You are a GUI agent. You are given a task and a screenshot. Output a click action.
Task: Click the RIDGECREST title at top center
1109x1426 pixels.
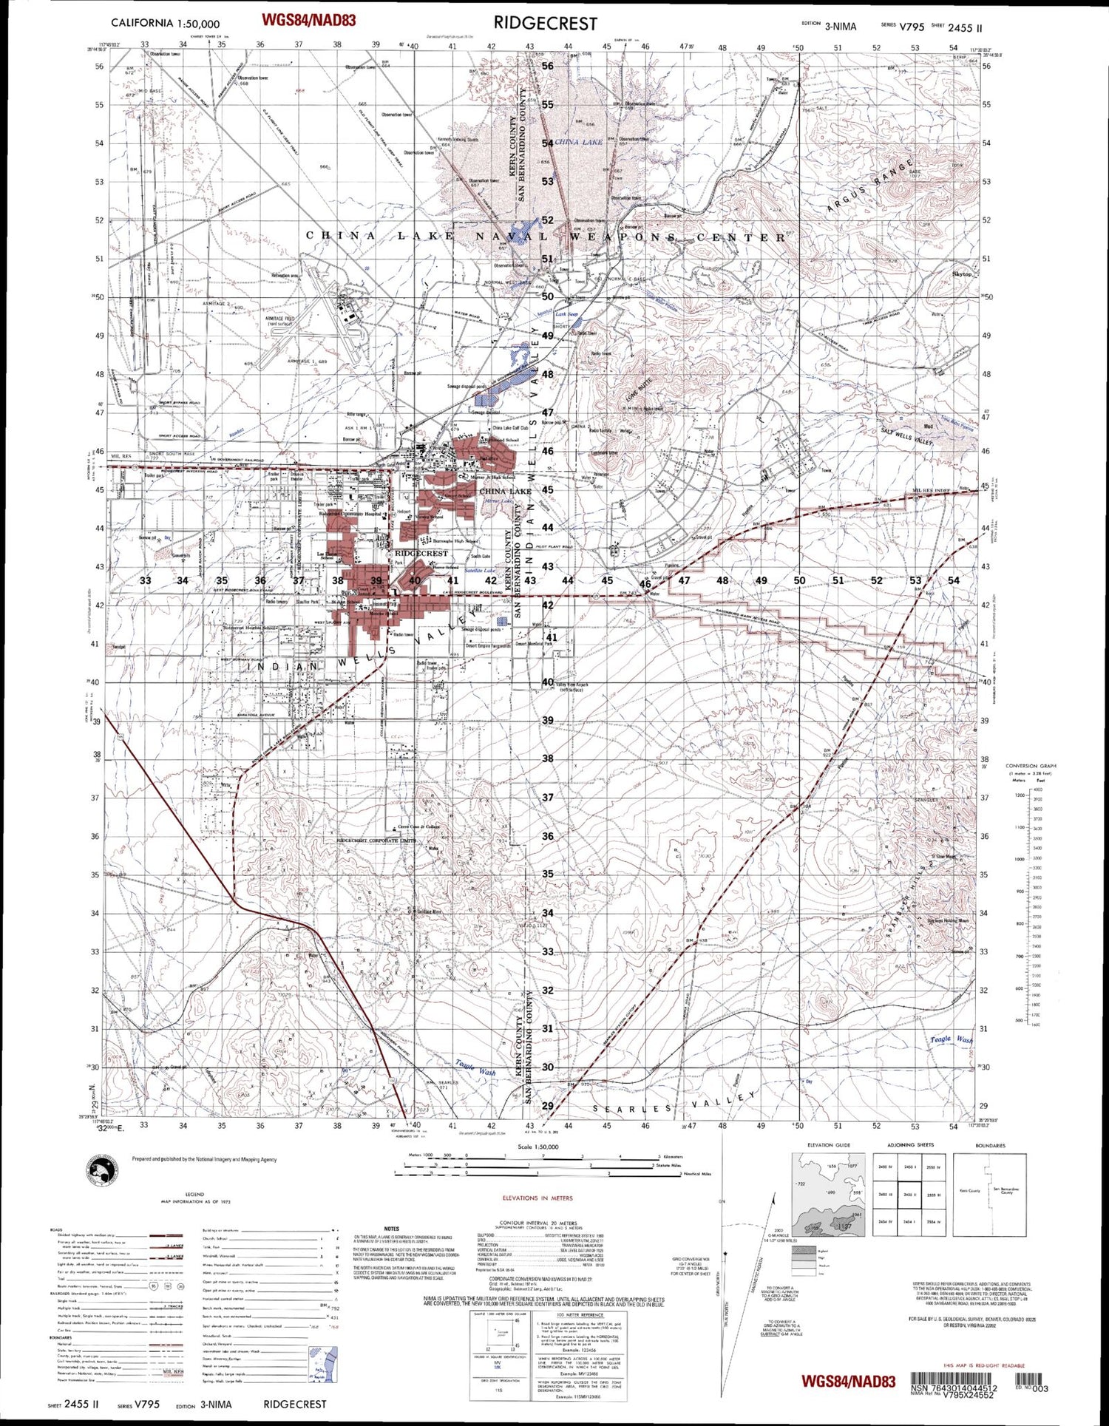[545, 23]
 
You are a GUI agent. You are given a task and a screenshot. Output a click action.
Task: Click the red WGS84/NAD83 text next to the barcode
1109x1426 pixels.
[848, 1381]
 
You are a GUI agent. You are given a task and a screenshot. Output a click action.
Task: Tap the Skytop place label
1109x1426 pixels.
[962, 274]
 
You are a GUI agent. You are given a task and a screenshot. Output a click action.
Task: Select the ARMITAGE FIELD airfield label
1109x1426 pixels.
[279, 321]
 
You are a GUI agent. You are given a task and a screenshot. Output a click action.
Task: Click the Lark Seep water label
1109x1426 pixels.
[567, 314]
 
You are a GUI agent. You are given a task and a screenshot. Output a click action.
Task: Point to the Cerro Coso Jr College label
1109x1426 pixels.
[419, 827]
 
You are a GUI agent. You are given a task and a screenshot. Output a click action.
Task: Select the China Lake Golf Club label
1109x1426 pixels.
[510, 428]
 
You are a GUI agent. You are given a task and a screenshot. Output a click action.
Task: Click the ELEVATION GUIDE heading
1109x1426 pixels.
[829, 1145]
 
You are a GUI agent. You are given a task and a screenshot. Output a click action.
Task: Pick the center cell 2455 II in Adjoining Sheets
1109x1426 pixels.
[910, 1195]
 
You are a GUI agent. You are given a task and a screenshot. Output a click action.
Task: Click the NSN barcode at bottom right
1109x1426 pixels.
[954, 1379]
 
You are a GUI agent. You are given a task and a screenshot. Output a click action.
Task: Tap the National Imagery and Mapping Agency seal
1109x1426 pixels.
[103, 1171]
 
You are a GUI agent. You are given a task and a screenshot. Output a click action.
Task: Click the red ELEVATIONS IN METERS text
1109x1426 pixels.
[537, 1198]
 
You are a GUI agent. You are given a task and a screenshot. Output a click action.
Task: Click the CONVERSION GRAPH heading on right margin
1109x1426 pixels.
[1031, 766]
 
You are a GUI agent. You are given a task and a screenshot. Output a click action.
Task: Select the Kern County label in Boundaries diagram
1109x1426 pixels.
[969, 1191]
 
